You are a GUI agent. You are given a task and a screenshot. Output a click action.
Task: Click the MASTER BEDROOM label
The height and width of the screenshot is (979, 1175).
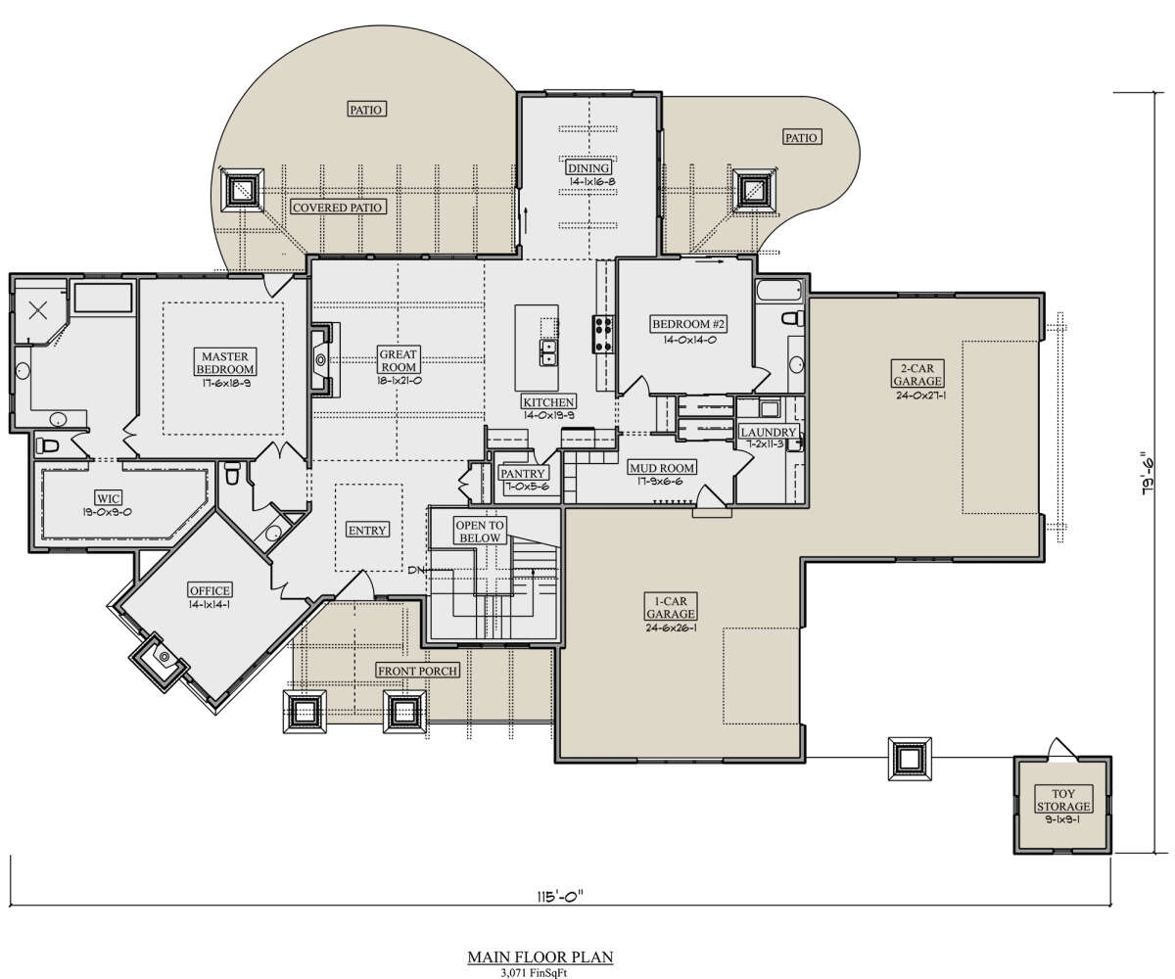(224, 363)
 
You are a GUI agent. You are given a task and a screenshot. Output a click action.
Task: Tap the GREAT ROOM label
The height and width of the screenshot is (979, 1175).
(398, 360)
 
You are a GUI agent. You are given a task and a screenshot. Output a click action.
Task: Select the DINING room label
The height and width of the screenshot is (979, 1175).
(588, 167)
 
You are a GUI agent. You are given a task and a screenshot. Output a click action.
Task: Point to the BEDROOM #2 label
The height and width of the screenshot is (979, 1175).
(688, 324)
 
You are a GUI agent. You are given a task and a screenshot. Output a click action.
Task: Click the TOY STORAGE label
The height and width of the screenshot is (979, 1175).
(1063, 800)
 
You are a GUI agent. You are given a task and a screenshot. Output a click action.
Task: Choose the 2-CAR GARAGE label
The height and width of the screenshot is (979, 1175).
(917, 375)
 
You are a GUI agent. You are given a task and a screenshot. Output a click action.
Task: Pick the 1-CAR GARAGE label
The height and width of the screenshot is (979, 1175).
(670, 607)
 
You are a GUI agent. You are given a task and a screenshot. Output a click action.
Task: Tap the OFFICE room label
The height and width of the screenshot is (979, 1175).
(210, 590)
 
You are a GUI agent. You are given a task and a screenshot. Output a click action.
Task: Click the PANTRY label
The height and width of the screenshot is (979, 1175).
(523, 474)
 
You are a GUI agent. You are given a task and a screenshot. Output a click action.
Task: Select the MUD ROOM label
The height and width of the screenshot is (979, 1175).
(662, 468)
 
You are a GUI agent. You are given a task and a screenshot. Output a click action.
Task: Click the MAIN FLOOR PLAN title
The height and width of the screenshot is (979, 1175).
(540, 956)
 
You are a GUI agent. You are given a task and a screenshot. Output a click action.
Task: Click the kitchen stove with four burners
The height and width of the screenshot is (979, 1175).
(602, 335)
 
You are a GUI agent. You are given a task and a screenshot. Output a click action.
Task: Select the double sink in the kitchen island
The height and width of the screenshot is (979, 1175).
(548, 352)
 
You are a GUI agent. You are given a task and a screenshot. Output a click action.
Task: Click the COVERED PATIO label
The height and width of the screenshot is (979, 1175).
(337, 207)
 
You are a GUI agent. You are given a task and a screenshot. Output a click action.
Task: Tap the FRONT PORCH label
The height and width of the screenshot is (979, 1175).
(417, 671)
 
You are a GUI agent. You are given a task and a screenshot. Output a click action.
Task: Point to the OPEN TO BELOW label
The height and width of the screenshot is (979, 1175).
(480, 532)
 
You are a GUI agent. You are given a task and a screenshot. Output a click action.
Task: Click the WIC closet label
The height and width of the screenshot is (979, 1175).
(108, 498)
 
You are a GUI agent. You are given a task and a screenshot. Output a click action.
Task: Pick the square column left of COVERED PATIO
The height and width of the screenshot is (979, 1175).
(242, 189)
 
